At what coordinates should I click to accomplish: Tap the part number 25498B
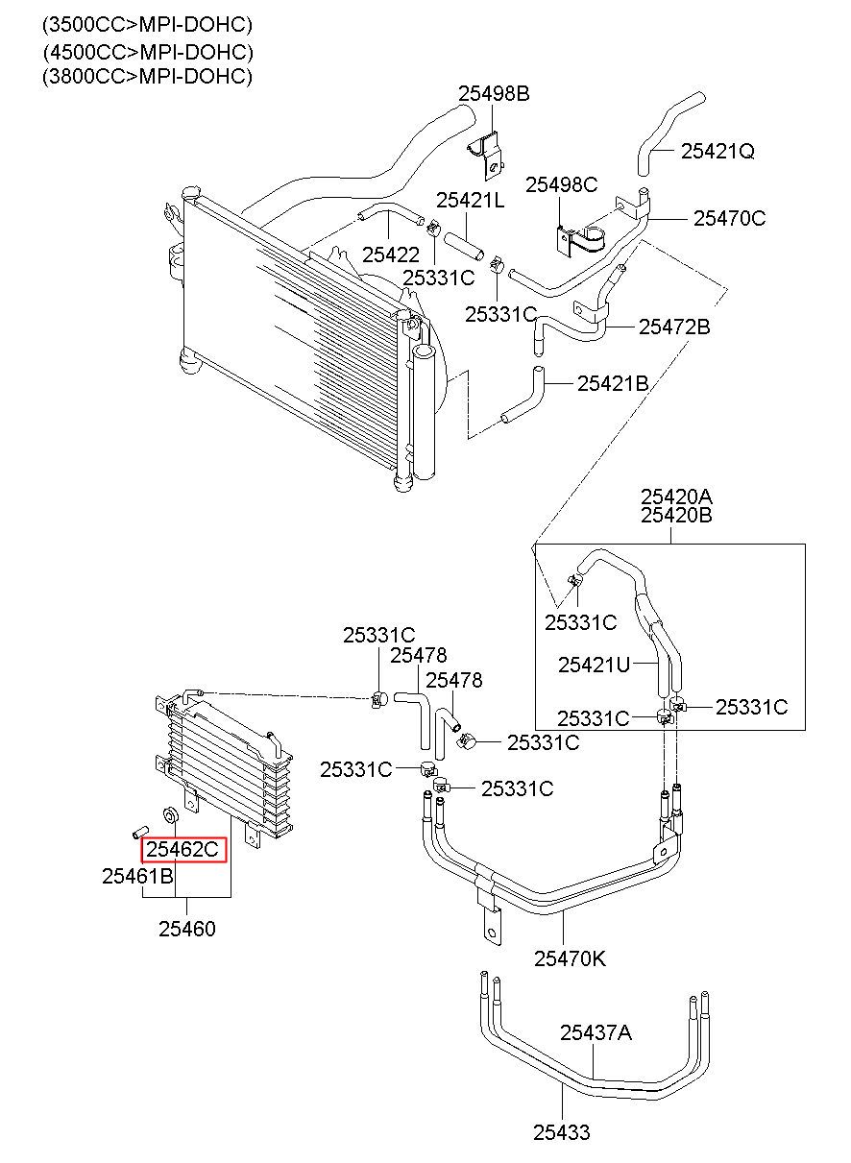[494, 93]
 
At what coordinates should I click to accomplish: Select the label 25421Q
[717, 151]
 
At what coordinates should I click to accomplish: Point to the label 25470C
[730, 218]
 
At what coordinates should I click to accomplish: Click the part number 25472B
[674, 327]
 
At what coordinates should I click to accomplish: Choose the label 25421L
[470, 200]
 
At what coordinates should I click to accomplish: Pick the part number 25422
[391, 254]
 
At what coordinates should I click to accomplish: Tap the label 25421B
[613, 384]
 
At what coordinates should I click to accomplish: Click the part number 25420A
[676, 497]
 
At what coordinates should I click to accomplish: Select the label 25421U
[594, 665]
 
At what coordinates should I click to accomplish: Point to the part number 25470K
[571, 959]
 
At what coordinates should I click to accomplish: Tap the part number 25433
[562, 1132]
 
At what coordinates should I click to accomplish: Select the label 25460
[187, 929]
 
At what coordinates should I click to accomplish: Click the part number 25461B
[137, 877]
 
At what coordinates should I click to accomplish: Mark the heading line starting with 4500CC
[148, 52]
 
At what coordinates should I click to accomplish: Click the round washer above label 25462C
[170, 814]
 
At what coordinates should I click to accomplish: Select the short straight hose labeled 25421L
[464, 246]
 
